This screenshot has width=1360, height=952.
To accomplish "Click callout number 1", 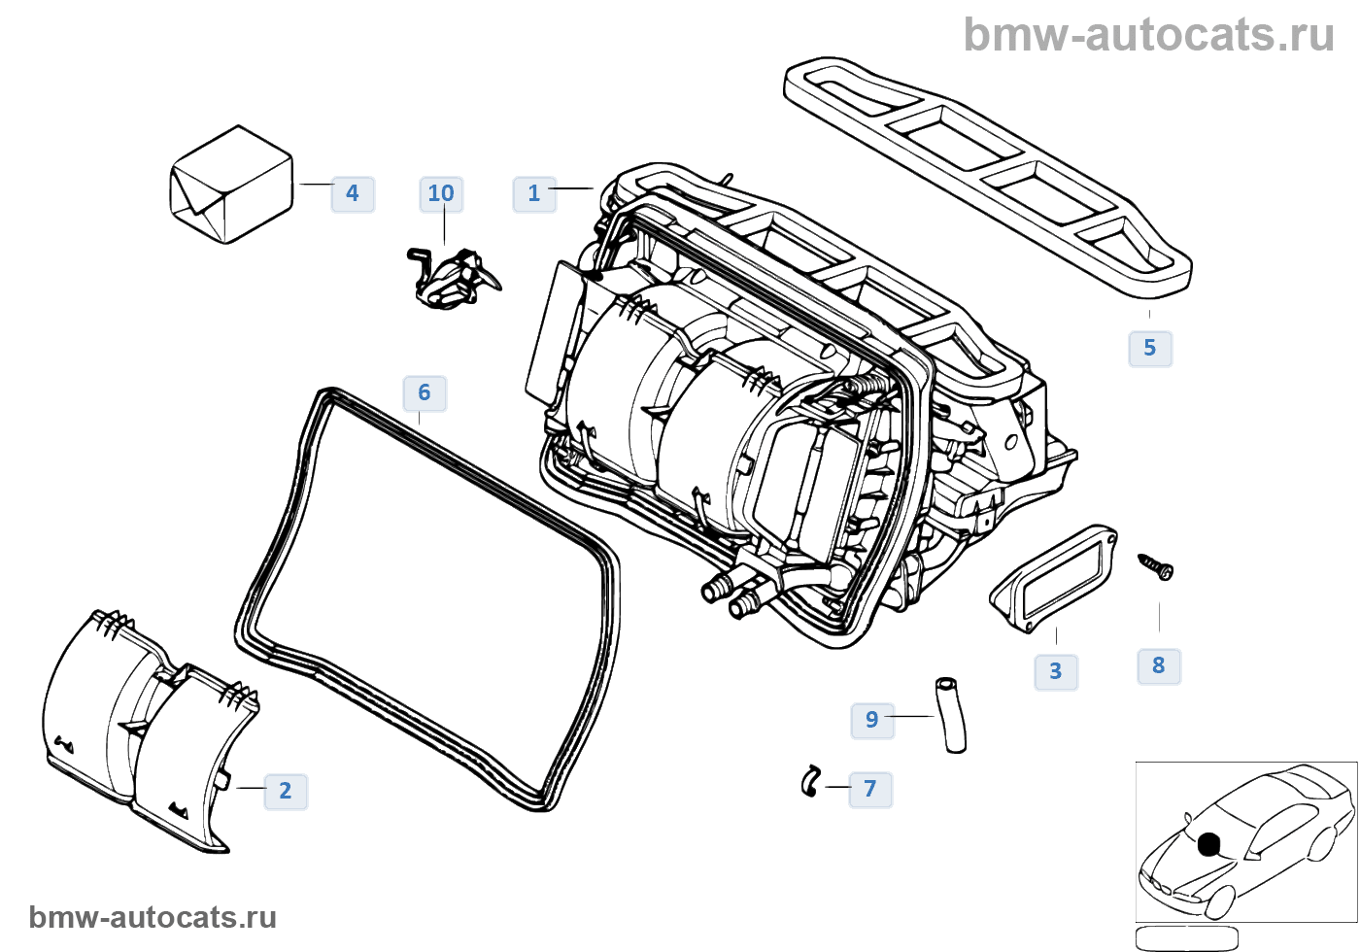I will click(533, 193).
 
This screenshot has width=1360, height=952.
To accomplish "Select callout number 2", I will click(285, 791).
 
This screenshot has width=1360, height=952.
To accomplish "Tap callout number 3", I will click(1056, 671).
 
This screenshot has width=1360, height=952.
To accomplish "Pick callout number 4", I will click(353, 193).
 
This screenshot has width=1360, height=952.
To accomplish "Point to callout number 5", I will click(1150, 348).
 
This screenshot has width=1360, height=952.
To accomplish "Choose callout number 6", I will click(425, 392).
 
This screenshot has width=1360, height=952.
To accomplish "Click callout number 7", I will click(870, 789).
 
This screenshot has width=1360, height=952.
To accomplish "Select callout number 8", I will click(1159, 665).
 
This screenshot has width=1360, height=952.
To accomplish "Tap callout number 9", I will click(871, 720).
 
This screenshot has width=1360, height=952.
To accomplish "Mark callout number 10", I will click(441, 193).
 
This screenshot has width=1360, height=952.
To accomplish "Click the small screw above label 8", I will click(1156, 566).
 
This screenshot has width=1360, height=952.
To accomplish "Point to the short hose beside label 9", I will click(951, 714).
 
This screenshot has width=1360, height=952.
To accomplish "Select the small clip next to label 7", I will click(810, 781).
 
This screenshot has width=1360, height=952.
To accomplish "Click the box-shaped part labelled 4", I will click(231, 185).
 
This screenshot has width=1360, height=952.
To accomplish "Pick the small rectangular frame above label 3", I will click(1054, 578).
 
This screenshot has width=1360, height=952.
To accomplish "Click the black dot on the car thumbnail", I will click(1208, 845).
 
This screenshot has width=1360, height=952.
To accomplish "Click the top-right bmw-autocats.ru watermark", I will click(1148, 35).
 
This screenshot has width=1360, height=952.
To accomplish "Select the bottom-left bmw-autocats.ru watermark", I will click(153, 918).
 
